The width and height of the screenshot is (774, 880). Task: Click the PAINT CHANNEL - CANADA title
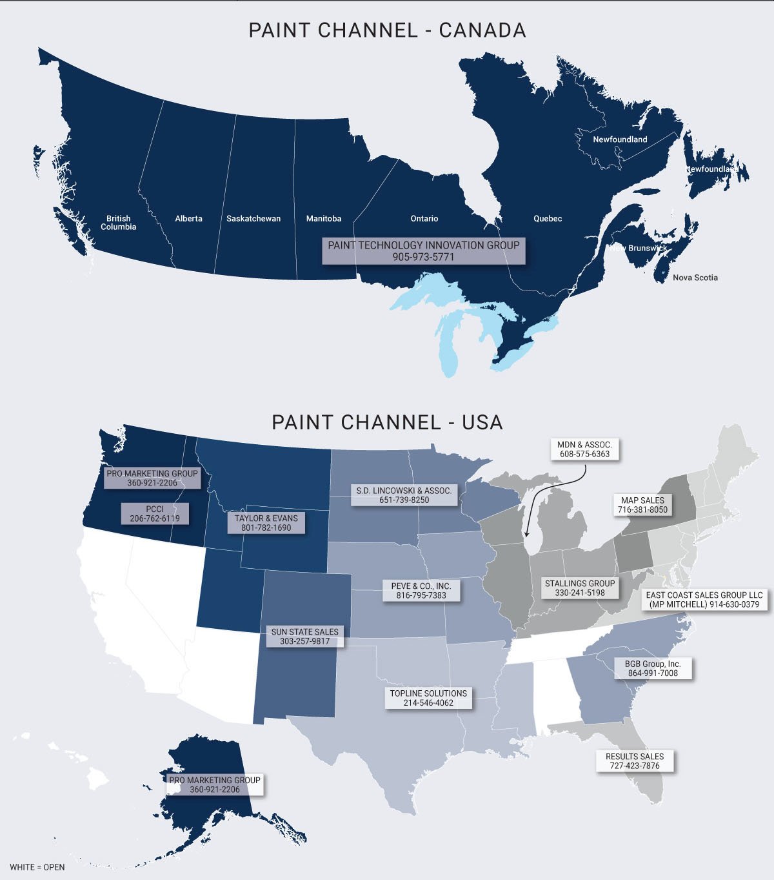pos(387,30)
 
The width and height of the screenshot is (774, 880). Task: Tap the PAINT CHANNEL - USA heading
pos(387,422)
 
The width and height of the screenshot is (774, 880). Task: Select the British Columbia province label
pos(119,223)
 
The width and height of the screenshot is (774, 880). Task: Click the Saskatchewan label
pos(253,219)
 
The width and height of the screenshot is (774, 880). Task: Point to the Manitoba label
pos(324,219)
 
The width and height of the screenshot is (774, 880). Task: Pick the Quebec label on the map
pos(548,219)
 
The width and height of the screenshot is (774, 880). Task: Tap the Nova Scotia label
pos(695,278)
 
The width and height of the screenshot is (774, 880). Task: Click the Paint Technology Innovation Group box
pos(424,251)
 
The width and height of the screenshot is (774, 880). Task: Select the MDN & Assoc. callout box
pos(585,449)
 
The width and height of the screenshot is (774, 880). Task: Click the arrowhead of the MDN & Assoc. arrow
pos(526,535)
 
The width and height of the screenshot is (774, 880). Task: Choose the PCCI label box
pos(155,514)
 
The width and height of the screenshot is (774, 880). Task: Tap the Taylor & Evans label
pos(266,523)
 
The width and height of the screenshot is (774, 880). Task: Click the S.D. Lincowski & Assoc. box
pos(404,495)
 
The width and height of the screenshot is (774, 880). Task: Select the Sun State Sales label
pos(305,637)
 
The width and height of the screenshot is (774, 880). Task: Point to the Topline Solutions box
pos(428,698)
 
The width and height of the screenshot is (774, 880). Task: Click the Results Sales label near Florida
pos(635,761)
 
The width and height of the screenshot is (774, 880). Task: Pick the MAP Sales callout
pos(642,505)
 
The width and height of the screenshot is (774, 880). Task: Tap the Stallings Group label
pos(580,588)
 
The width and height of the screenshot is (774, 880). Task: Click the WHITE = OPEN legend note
pos(37,867)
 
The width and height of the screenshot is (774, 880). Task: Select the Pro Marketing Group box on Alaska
pos(215,785)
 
